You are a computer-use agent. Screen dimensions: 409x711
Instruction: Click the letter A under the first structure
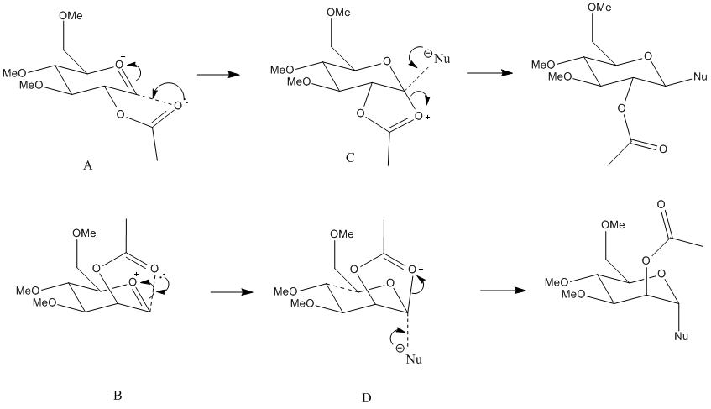coord(87,166)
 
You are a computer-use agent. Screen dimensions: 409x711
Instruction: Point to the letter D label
coord(366,396)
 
